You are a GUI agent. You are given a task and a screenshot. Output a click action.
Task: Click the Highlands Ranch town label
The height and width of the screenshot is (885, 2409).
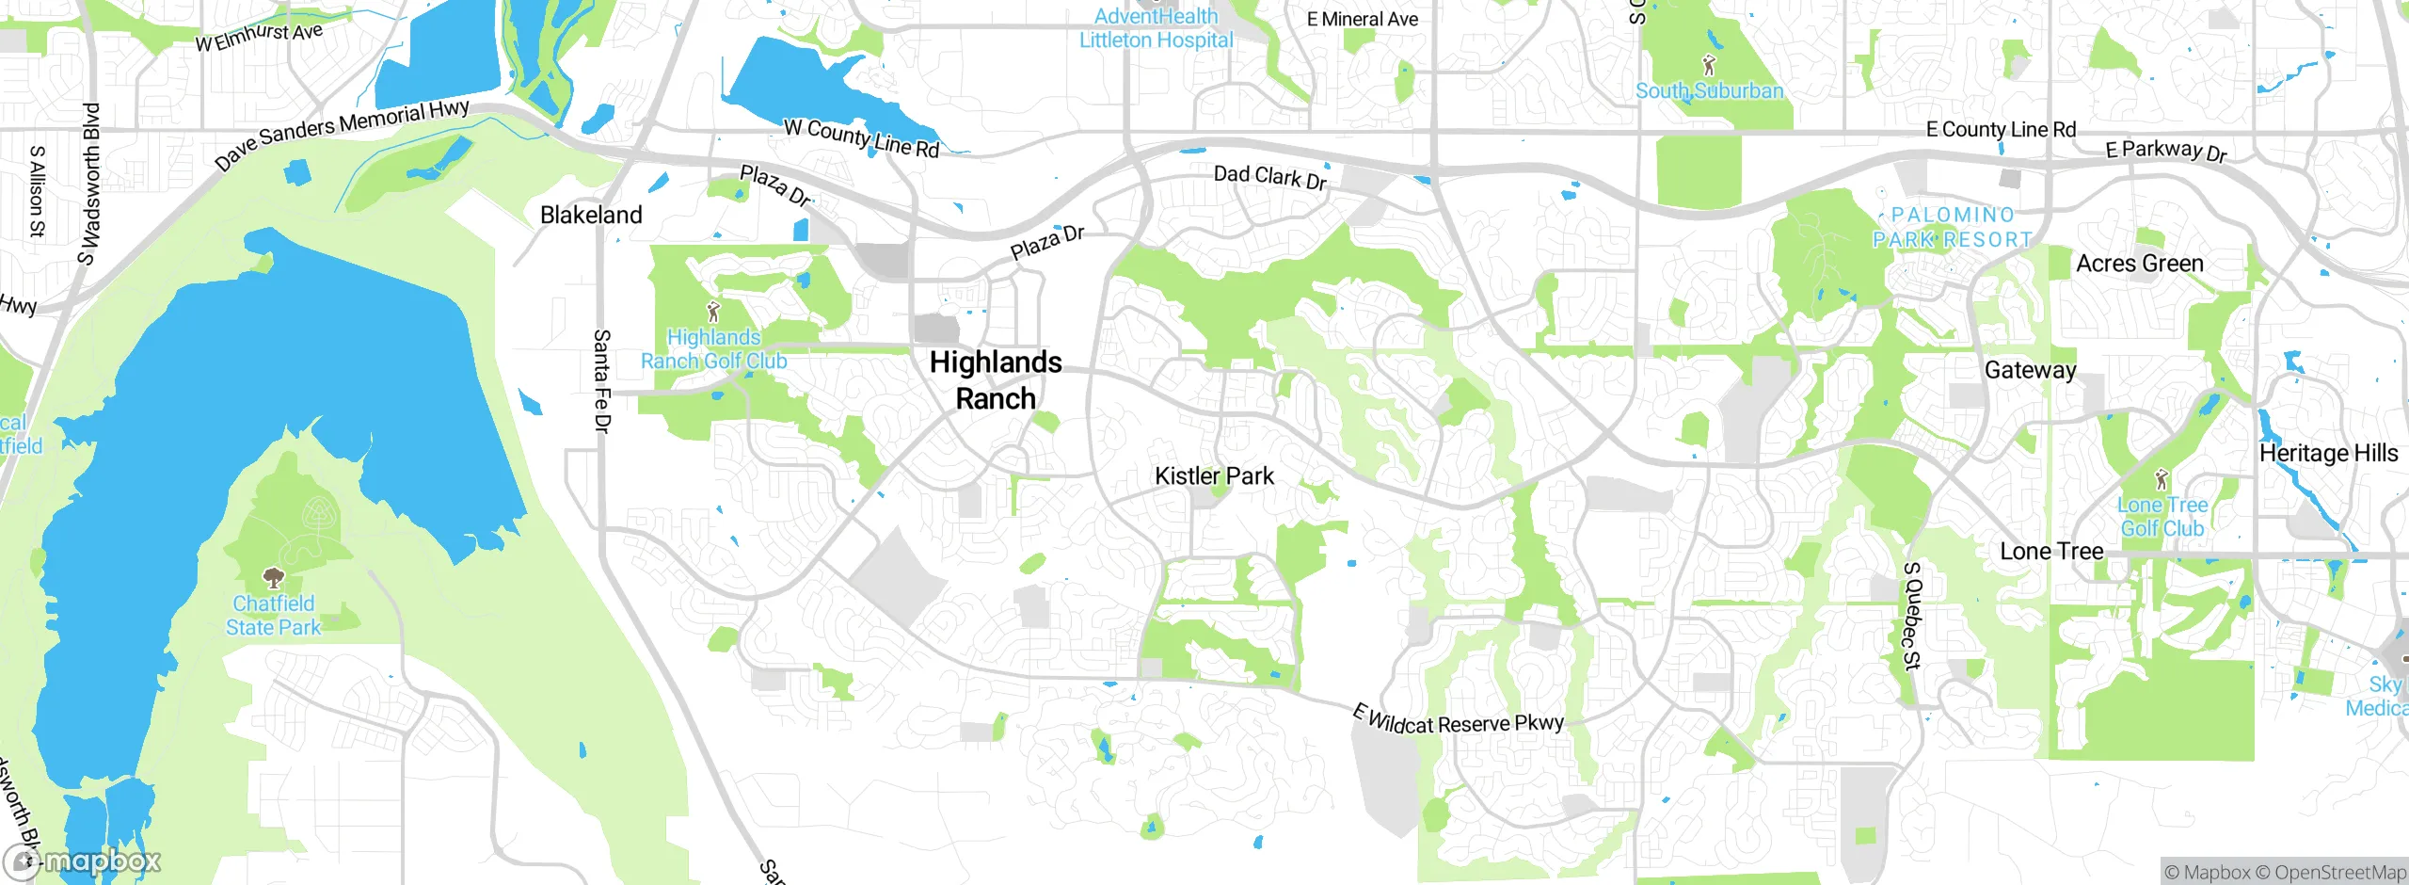pos(996,380)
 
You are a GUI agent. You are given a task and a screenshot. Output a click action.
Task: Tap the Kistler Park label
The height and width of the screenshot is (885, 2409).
pos(1214,476)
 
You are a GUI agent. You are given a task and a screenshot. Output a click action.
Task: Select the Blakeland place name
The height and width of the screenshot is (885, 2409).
pos(591,215)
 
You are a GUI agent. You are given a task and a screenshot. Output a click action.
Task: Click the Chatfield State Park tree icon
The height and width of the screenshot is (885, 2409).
pos(273,576)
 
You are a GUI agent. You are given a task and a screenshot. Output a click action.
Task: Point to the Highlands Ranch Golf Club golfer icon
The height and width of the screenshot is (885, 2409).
pos(713,310)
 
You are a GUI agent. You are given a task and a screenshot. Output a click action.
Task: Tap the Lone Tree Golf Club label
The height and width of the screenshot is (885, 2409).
pos(2162,517)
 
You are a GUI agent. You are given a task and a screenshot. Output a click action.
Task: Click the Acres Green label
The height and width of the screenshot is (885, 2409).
pos(2140,264)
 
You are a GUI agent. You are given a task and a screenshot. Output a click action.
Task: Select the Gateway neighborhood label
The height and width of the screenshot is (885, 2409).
pos(2030,370)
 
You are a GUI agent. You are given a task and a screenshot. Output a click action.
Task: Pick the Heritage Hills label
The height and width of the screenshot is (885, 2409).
pos(2328,453)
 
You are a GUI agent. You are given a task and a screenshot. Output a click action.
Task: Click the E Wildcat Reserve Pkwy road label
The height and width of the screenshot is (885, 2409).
pos(1458,720)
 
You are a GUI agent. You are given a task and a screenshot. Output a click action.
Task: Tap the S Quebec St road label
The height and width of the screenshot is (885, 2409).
pos(1911,616)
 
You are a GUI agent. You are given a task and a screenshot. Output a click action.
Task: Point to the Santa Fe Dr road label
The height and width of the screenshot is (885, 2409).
pos(602,380)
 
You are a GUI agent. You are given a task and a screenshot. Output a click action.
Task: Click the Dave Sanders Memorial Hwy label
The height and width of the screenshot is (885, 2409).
pos(342,134)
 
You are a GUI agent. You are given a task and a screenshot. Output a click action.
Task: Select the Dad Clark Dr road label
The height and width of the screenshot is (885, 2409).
pos(1269,177)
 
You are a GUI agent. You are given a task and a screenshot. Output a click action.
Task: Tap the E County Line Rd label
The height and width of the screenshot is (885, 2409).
pos(2001,130)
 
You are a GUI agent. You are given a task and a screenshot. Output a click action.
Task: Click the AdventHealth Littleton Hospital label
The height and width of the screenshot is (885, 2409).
pos(1156,28)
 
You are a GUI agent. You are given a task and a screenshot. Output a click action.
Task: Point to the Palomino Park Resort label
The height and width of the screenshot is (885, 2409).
pos(1953,228)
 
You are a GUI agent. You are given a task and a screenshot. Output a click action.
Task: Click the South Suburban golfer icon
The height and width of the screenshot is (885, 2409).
pos(1709,65)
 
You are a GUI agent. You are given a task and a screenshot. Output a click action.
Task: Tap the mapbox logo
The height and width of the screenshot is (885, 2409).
pos(83,861)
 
